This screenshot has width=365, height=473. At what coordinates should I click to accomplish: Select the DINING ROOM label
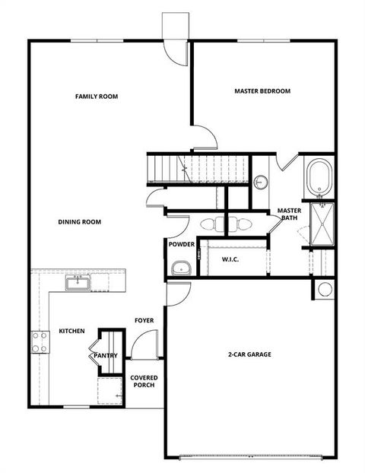[x=80, y=222]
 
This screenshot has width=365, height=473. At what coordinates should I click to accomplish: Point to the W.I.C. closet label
[x=231, y=260]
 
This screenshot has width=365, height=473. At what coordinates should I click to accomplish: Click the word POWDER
[x=181, y=244]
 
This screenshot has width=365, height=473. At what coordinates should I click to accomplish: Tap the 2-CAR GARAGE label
[x=249, y=354]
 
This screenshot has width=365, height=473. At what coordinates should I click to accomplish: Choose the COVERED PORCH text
[x=143, y=381]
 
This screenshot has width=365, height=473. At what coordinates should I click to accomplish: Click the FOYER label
[x=144, y=320]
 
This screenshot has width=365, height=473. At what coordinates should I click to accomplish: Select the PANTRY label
[x=105, y=355]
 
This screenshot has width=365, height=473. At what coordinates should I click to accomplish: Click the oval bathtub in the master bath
[x=319, y=176]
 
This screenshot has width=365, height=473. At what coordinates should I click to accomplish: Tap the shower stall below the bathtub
[x=322, y=223]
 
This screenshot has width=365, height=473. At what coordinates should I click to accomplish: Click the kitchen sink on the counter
[x=77, y=284]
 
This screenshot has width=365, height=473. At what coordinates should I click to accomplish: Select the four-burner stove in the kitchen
[x=39, y=341]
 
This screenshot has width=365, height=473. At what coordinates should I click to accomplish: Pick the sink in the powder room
[x=180, y=268]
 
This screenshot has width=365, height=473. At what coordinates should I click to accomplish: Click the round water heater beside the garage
[x=325, y=290]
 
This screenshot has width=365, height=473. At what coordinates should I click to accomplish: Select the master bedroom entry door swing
[x=205, y=138]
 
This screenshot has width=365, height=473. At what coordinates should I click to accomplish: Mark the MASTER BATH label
[x=290, y=214]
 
